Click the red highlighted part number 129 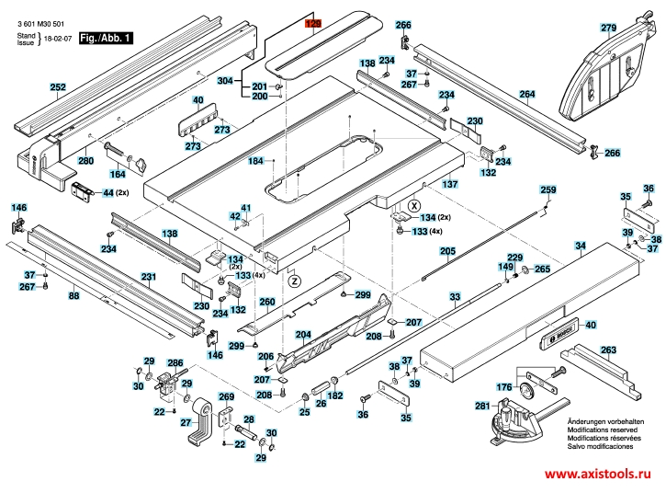tap(314, 21)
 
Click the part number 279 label tap(608, 29)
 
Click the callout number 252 tap(58, 88)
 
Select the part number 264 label tap(526, 94)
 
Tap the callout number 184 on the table tap(256, 161)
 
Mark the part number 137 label tap(450, 184)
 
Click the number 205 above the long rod tap(447, 251)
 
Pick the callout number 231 tap(148, 276)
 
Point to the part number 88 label tap(74, 295)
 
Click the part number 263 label tap(608, 350)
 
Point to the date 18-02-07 tap(58, 40)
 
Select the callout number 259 tap(547, 189)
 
